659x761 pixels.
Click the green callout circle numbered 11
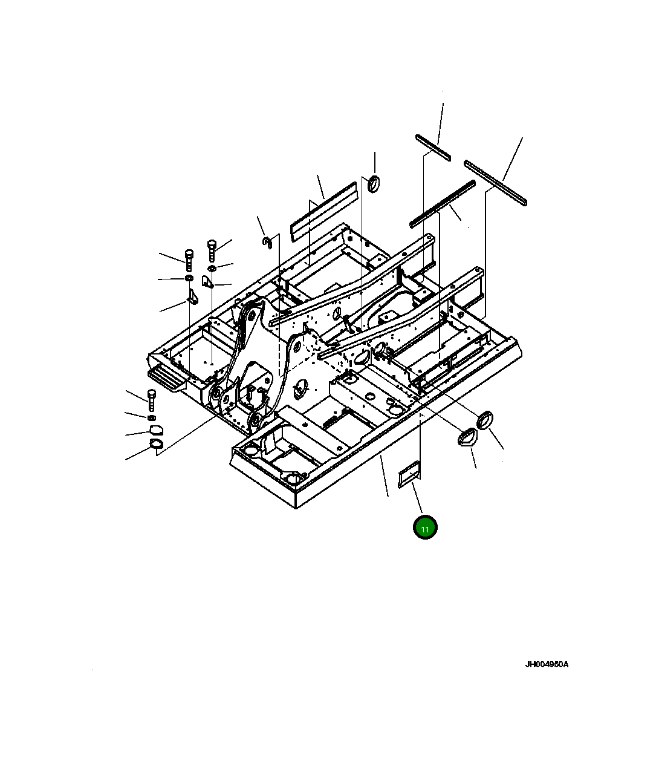425,528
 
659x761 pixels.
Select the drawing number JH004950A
546,665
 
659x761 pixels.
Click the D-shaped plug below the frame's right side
467,437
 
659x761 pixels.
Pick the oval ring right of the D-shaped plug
485,419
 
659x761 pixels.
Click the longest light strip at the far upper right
496,181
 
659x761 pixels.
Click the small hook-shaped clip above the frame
267,242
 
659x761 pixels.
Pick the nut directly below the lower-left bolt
152,417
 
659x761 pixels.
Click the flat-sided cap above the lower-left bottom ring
155,430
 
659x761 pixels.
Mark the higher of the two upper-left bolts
212,249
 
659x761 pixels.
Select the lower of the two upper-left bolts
189,259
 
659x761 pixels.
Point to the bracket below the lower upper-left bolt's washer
192,296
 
